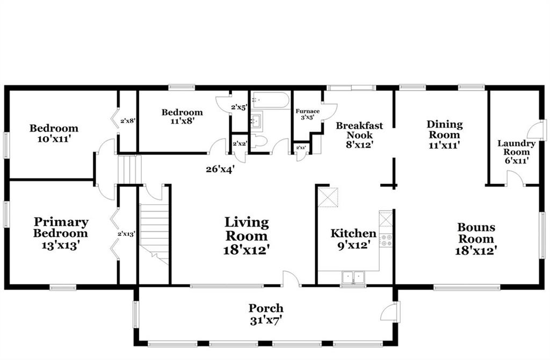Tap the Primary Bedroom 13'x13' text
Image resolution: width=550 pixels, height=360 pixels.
point(61,233)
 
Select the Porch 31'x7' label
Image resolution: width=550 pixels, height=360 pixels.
point(266,314)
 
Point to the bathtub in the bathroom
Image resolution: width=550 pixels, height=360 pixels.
point(271,100)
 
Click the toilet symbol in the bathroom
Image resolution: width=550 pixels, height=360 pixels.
point(259,141)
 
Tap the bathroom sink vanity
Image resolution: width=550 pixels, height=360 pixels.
point(256,121)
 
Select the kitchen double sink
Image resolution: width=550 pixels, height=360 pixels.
point(353,277)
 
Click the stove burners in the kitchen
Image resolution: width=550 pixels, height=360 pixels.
point(386,240)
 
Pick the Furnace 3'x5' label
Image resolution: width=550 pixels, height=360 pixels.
point(308,114)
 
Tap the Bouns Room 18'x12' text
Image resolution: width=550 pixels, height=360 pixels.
point(476,239)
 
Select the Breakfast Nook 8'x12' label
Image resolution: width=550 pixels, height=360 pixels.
point(359,135)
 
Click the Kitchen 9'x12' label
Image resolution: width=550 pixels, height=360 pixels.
point(353,239)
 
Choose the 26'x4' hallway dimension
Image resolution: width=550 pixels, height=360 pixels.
point(220,169)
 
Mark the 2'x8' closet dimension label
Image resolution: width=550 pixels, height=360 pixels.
point(128,121)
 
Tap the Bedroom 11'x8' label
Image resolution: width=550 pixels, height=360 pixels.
point(182,117)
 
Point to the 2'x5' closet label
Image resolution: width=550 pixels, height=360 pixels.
point(239,107)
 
